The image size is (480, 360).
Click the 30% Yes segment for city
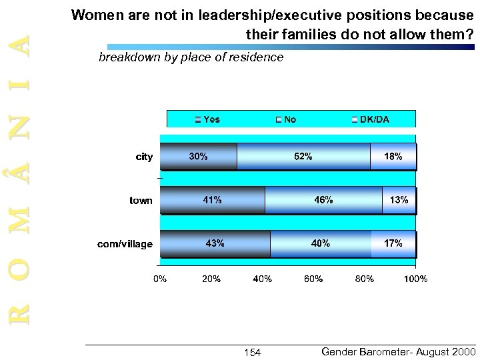point(199,157)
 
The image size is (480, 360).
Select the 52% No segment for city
point(303,157)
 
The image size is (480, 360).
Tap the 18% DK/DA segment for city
point(393,157)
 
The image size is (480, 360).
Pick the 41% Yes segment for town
point(213,200)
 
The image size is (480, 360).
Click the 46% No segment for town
point(323,200)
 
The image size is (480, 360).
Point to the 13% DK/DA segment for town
point(399,200)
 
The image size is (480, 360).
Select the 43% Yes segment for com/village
point(215,244)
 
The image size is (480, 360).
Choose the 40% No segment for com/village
point(321,244)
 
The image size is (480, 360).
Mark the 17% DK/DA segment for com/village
point(393,244)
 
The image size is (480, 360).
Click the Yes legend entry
point(207,120)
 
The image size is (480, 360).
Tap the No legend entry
point(286,120)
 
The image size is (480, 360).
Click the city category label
point(144,157)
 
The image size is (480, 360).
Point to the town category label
point(141,201)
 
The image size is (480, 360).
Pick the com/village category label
point(125,245)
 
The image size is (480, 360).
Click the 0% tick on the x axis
point(161,279)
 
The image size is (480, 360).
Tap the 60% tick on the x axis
point(313,279)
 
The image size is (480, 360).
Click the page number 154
point(252,352)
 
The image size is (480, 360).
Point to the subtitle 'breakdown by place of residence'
point(191,58)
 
